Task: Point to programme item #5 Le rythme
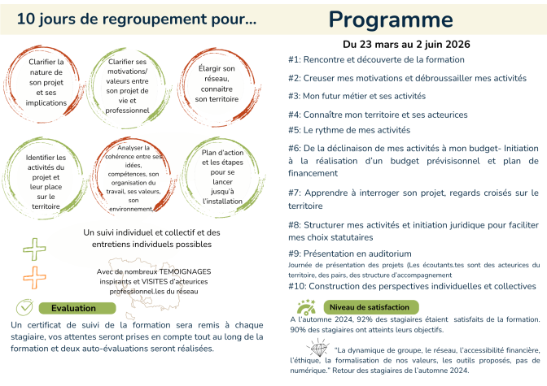tap(349, 129)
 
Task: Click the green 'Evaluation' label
tap(73, 308)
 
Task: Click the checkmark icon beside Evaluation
tap(26, 308)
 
